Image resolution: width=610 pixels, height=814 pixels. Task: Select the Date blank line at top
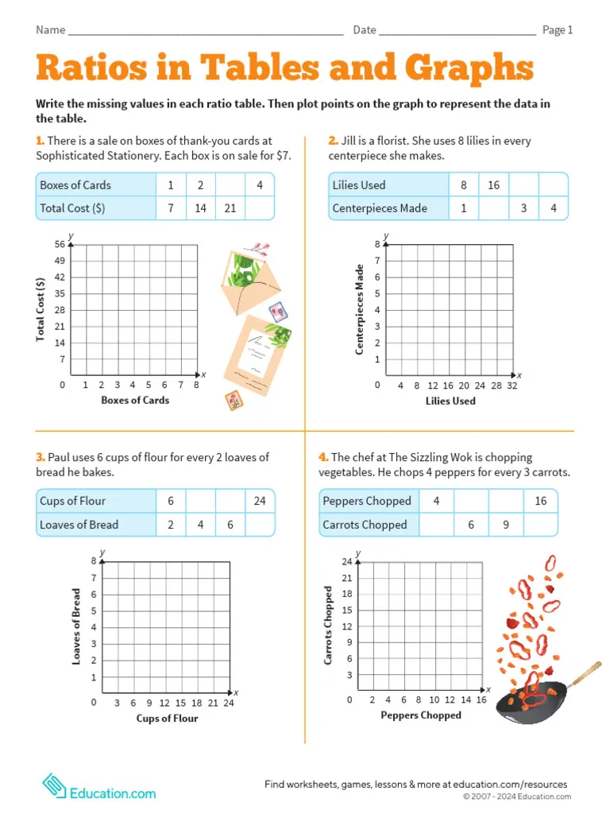tap(457, 32)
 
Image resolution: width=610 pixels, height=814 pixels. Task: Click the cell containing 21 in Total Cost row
tap(230, 208)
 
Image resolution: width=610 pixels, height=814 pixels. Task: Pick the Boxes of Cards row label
tap(75, 185)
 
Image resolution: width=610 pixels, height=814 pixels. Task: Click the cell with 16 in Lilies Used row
tap(494, 185)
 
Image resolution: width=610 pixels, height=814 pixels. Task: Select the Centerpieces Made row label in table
tap(380, 208)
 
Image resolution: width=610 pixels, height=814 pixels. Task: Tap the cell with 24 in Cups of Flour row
tap(260, 501)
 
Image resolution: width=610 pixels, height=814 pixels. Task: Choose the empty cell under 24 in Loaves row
tap(260, 525)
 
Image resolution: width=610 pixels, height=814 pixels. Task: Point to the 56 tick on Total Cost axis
tap(60, 244)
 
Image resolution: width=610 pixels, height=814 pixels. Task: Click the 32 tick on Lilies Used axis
tap(512, 386)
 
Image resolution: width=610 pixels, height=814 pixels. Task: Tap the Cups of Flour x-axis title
tap(167, 719)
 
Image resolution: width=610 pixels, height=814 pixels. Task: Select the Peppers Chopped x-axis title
tap(420, 715)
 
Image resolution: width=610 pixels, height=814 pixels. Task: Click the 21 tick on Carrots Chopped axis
tap(346, 578)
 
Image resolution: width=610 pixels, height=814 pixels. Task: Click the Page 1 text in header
tap(558, 30)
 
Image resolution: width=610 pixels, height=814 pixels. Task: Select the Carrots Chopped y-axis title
tap(329, 626)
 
